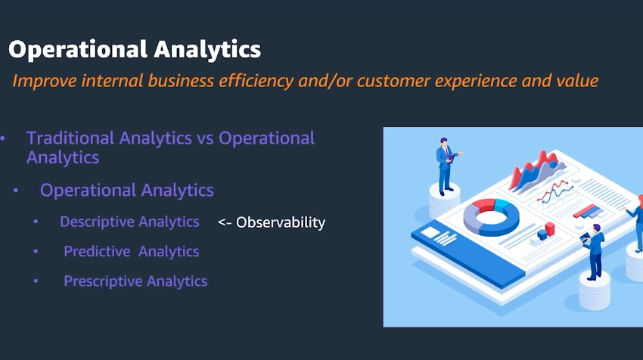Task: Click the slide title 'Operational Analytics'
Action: (135, 50)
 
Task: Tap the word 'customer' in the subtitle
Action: (393, 81)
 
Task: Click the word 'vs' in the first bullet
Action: (205, 138)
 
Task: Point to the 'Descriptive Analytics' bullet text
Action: (129, 222)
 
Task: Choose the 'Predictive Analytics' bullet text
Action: (131, 251)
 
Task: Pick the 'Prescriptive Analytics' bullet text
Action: (135, 281)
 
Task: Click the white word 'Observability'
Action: (281, 222)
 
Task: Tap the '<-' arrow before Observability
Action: (225, 222)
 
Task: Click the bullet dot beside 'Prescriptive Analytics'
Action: (36, 281)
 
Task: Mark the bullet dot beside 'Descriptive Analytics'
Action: (36, 222)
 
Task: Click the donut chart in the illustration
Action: (491, 216)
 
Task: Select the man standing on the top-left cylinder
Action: (446, 166)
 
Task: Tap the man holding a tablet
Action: (594, 251)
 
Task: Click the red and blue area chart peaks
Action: (536, 170)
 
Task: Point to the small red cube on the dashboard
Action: (549, 229)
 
